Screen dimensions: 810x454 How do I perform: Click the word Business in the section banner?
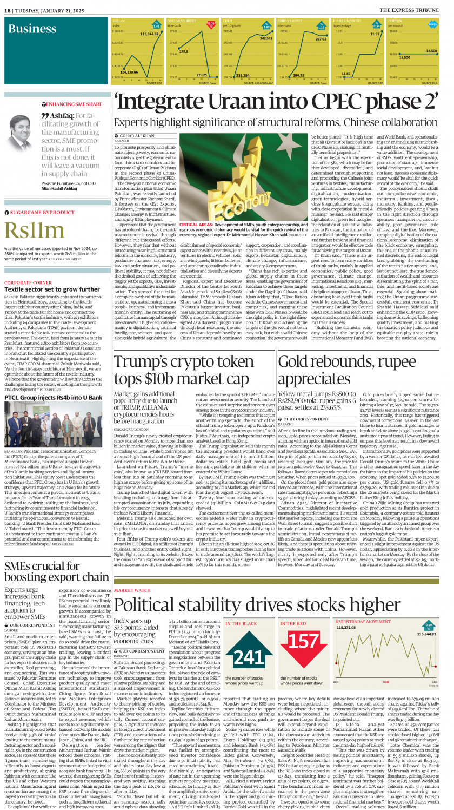pos(32,29)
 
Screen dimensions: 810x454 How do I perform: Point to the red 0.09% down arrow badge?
pos(211,24)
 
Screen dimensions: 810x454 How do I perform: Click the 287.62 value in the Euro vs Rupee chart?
pos(321,39)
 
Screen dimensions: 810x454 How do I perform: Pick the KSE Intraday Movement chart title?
pos(359,622)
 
